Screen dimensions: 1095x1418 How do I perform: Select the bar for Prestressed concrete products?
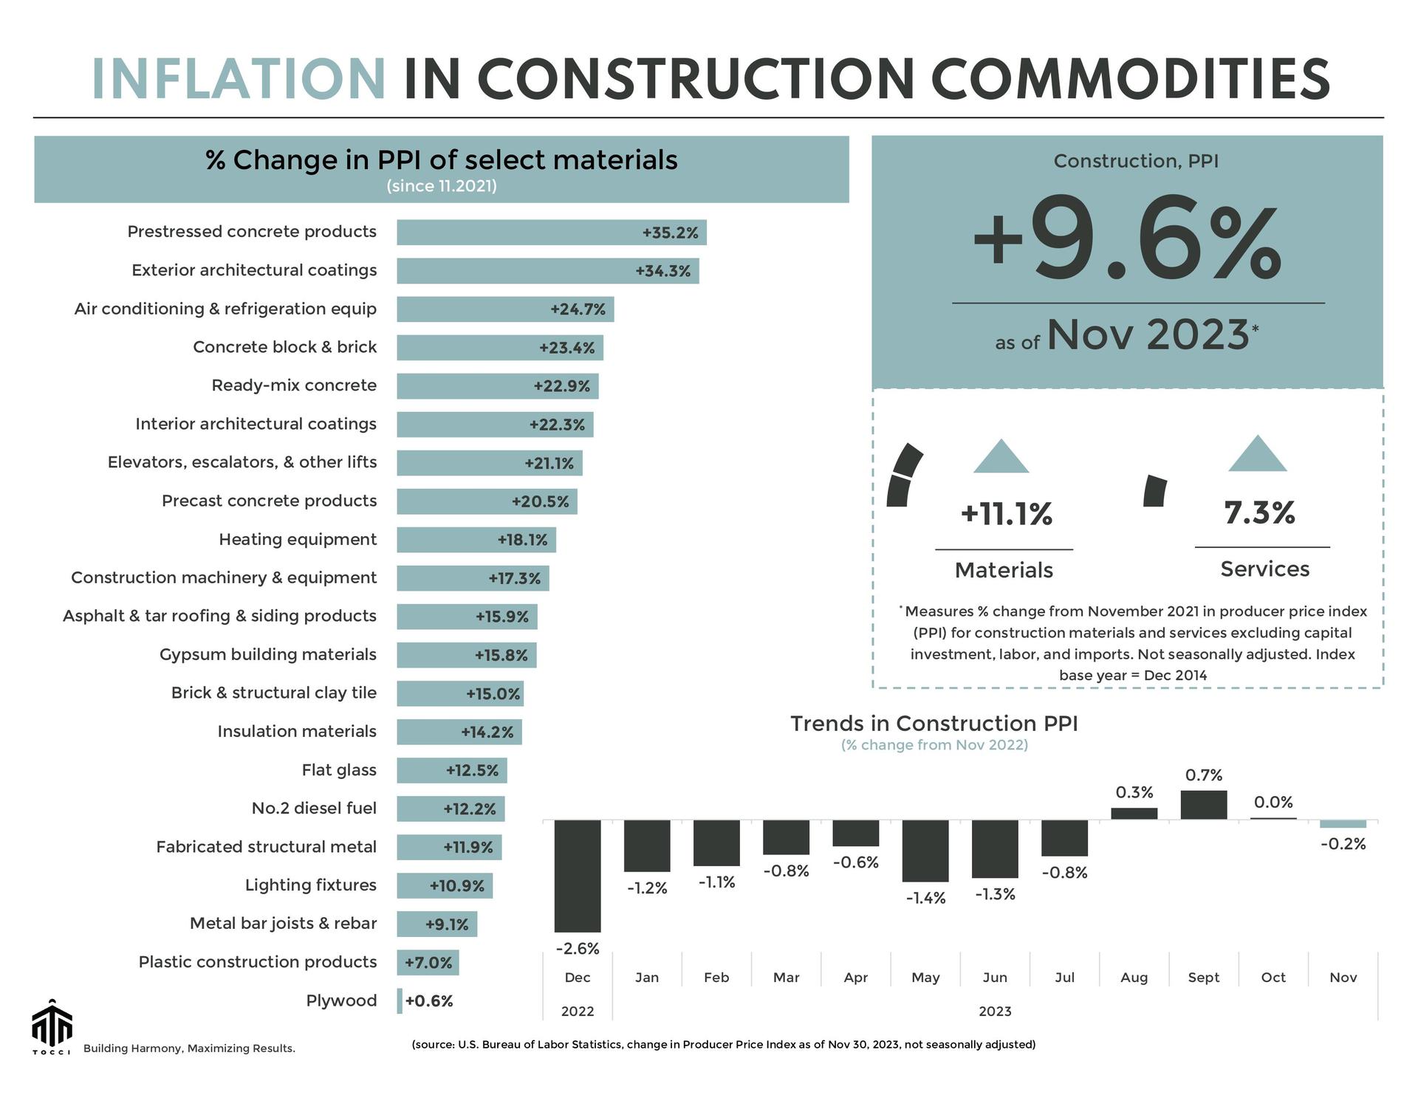tap(551, 233)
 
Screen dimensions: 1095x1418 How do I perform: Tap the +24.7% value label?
tap(578, 309)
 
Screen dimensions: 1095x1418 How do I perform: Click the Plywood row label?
tap(341, 1000)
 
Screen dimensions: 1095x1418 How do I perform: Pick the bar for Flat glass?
tap(451, 770)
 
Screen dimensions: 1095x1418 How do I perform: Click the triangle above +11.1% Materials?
tap(1001, 458)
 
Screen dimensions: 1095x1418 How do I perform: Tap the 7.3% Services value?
tap(1259, 512)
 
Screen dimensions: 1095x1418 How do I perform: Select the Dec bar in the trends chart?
tap(578, 876)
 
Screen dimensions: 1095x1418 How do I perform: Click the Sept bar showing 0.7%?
tap(1203, 805)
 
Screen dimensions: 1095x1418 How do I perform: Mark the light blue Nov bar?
tap(1343, 824)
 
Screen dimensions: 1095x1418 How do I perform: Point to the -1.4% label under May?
tap(925, 898)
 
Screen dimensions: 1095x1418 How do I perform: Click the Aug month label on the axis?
tap(1134, 977)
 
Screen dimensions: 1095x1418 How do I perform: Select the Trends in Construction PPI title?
tap(934, 723)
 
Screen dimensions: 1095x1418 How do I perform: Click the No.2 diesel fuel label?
tap(314, 809)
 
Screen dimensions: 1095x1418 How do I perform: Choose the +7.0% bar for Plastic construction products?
tap(428, 962)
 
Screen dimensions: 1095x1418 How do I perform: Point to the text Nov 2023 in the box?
tap(1147, 335)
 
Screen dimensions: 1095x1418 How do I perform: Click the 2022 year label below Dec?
tap(578, 1011)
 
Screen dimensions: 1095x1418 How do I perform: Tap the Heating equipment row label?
tap(298, 540)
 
